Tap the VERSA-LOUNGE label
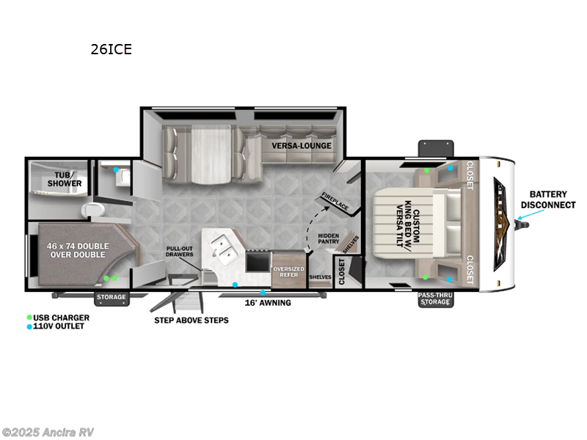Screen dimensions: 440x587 pyautogui.click(x=302, y=145)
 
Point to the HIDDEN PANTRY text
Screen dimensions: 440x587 pyautogui.click(x=327, y=239)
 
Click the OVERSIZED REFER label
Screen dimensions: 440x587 pyautogui.click(x=289, y=272)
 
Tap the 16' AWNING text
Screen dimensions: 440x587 pyautogui.click(x=267, y=302)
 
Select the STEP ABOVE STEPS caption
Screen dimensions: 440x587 pyautogui.click(x=191, y=320)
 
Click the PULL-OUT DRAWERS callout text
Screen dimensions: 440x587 pyautogui.click(x=180, y=252)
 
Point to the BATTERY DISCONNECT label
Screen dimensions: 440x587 pyautogui.click(x=547, y=199)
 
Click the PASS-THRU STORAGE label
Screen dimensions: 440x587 pyautogui.click(x=434, y=299)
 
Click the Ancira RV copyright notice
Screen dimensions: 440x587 pyautogui.click(x=48, y=432)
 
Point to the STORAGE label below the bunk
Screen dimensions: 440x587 pyautogui.click(x=112, y=298)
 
